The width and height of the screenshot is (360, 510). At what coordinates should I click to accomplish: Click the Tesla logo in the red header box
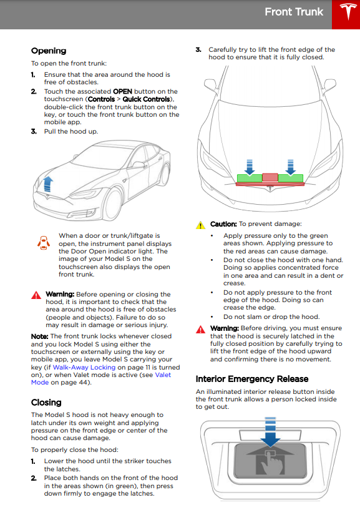(348, 12)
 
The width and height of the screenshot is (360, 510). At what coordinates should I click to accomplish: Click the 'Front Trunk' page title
(294, 12)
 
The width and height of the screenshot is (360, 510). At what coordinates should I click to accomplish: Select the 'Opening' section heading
(49, 51)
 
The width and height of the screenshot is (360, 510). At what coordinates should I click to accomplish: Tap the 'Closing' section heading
(46, 403)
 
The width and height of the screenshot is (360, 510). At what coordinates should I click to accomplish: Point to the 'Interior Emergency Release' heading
(252, 379)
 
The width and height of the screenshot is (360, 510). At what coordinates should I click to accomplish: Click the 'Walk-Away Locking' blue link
(84, 367)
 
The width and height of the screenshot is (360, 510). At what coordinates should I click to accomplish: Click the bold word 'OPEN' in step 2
(123, 91)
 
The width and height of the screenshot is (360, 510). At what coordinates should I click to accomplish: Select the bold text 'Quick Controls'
(147, 99)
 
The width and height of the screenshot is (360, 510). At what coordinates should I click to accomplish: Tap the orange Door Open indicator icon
(44, 243)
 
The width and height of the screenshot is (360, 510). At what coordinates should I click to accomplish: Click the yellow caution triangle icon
(201, 225)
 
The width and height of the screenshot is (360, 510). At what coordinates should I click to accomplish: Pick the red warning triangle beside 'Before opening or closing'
(36, 295)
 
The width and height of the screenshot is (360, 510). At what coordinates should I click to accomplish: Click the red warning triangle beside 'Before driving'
(201, 330)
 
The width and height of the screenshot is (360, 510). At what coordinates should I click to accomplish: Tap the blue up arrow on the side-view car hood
(48, 184)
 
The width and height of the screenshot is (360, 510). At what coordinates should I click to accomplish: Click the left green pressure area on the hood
(250, 179)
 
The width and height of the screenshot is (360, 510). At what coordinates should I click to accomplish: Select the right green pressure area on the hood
(291, 179)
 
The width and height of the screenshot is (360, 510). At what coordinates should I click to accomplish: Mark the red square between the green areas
(270, 177)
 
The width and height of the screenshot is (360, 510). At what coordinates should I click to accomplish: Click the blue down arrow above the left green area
(250, 167)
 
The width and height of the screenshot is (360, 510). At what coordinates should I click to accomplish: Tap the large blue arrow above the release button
(270, 431)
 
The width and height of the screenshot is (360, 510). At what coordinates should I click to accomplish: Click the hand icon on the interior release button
(271, 462)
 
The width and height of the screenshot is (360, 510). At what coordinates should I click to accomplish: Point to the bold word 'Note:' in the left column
(40, 336)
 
